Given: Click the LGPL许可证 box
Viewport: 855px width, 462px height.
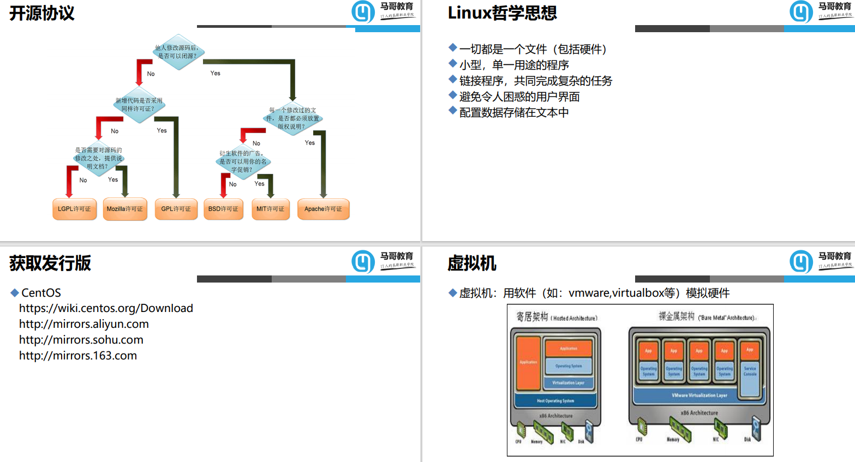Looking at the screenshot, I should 74,209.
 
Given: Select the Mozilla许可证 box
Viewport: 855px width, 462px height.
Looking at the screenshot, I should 124,209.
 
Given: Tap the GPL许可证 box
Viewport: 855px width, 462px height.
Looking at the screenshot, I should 176,209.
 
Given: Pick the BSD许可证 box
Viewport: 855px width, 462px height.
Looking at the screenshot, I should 223,209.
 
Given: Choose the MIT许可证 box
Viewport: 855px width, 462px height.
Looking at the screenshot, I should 270,209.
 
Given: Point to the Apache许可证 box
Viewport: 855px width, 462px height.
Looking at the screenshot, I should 323,209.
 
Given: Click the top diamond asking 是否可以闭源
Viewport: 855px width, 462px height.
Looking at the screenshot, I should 177,52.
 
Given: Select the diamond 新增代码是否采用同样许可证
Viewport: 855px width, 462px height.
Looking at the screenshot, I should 139,105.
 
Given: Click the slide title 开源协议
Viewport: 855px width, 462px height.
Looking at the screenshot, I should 42,13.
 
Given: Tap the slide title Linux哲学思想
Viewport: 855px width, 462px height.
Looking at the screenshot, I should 502,13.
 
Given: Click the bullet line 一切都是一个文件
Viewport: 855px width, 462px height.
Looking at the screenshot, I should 533,49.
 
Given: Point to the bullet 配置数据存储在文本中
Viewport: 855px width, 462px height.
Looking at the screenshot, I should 513,112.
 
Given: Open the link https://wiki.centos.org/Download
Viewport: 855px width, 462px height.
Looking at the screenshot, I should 106,308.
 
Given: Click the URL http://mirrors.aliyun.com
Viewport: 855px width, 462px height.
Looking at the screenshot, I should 83,324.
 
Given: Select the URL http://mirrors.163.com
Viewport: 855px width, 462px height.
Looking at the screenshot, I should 77,356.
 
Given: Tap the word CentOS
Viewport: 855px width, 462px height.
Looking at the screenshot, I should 41,293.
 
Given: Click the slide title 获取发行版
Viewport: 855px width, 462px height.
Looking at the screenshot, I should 50,263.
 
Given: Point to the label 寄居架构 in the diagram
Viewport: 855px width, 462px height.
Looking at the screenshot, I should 532,317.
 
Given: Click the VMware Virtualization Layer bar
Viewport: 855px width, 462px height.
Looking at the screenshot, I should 699,395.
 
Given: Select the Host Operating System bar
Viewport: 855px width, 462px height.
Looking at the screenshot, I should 555,401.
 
